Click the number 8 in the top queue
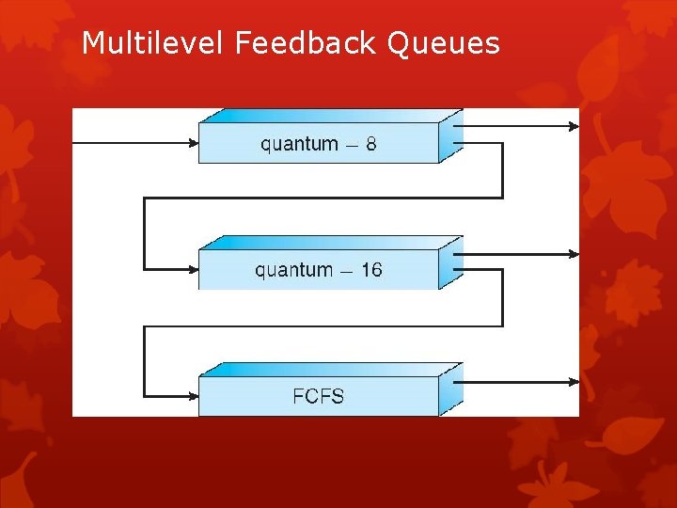pos(371,144)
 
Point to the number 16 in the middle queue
pos(370,270)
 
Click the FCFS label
pos(319,395)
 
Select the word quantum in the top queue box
pos(299,145)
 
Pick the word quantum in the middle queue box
pos(293,271)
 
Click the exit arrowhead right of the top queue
pos(574,124)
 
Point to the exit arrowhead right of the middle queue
pos(574,254)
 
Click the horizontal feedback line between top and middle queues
pos(320,198)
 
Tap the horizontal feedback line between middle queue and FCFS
pos(320,326)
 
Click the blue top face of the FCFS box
pos(329,370)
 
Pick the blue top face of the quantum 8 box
pos(329,115)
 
